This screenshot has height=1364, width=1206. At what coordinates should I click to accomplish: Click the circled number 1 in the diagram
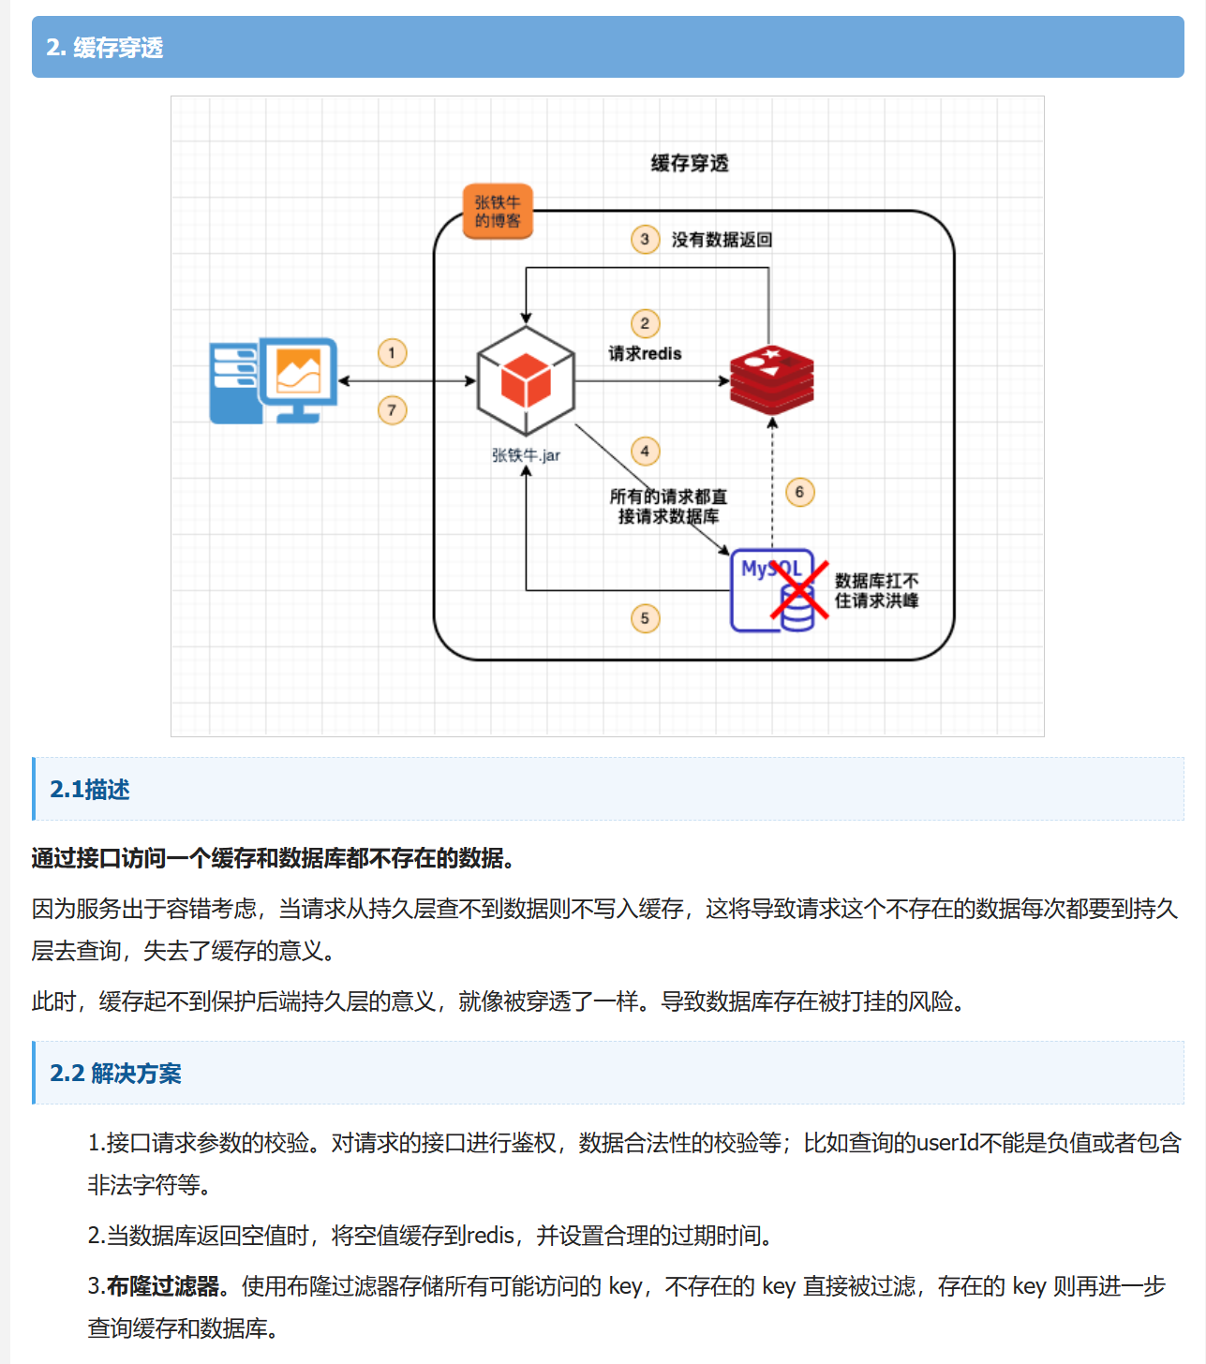pyautogui.click(x=392, y=353)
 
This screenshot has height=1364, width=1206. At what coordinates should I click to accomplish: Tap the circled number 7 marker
pyautogui.click(x=392, y=410)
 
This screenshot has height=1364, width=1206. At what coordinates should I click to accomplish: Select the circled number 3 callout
pyautogui.click(x=645, y=240)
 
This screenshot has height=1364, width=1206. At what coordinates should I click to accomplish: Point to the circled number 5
pyautogui.click(x=645, y=618)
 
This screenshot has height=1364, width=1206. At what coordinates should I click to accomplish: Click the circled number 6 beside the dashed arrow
pyautogui.click(x=799, y=492)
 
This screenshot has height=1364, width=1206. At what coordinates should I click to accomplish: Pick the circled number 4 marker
pyautogui.click(x=645, y=452)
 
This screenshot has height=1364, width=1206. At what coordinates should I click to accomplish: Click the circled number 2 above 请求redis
pyautogui.click(x=645, y=324)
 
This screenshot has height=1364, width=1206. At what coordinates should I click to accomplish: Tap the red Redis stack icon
pyautogui.click(x=772, y=380)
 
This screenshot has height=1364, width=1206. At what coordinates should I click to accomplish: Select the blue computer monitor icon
pyautogui.click(x=274, y=380)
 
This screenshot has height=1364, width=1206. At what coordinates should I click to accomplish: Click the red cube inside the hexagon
pyautogui.click(x=526, y=379)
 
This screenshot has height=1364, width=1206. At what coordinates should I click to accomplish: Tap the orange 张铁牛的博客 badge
pyautogui.click(x=498, y=212)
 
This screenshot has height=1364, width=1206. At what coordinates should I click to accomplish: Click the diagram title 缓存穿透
pyautogui.click(x=690, y=163)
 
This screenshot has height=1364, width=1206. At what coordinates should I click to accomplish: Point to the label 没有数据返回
pyautogui.click(x=722, y=240)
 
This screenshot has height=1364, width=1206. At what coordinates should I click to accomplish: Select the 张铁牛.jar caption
pyautogui.click(x=526, y=455)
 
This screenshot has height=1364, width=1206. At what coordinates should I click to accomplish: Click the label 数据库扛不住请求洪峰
pyautogui.click(x=876, y=590)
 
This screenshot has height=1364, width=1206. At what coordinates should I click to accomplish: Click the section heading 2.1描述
pyautogui.click(x=90, y=790)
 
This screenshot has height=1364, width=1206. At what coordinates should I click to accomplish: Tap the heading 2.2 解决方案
pyautogui.click(x=115, y=1074)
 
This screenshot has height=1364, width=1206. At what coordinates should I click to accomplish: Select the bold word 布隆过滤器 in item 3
pyautogui.click(x=162, y=1286)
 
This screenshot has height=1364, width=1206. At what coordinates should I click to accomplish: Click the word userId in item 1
pyautogui.click(x=946, y=1143)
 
